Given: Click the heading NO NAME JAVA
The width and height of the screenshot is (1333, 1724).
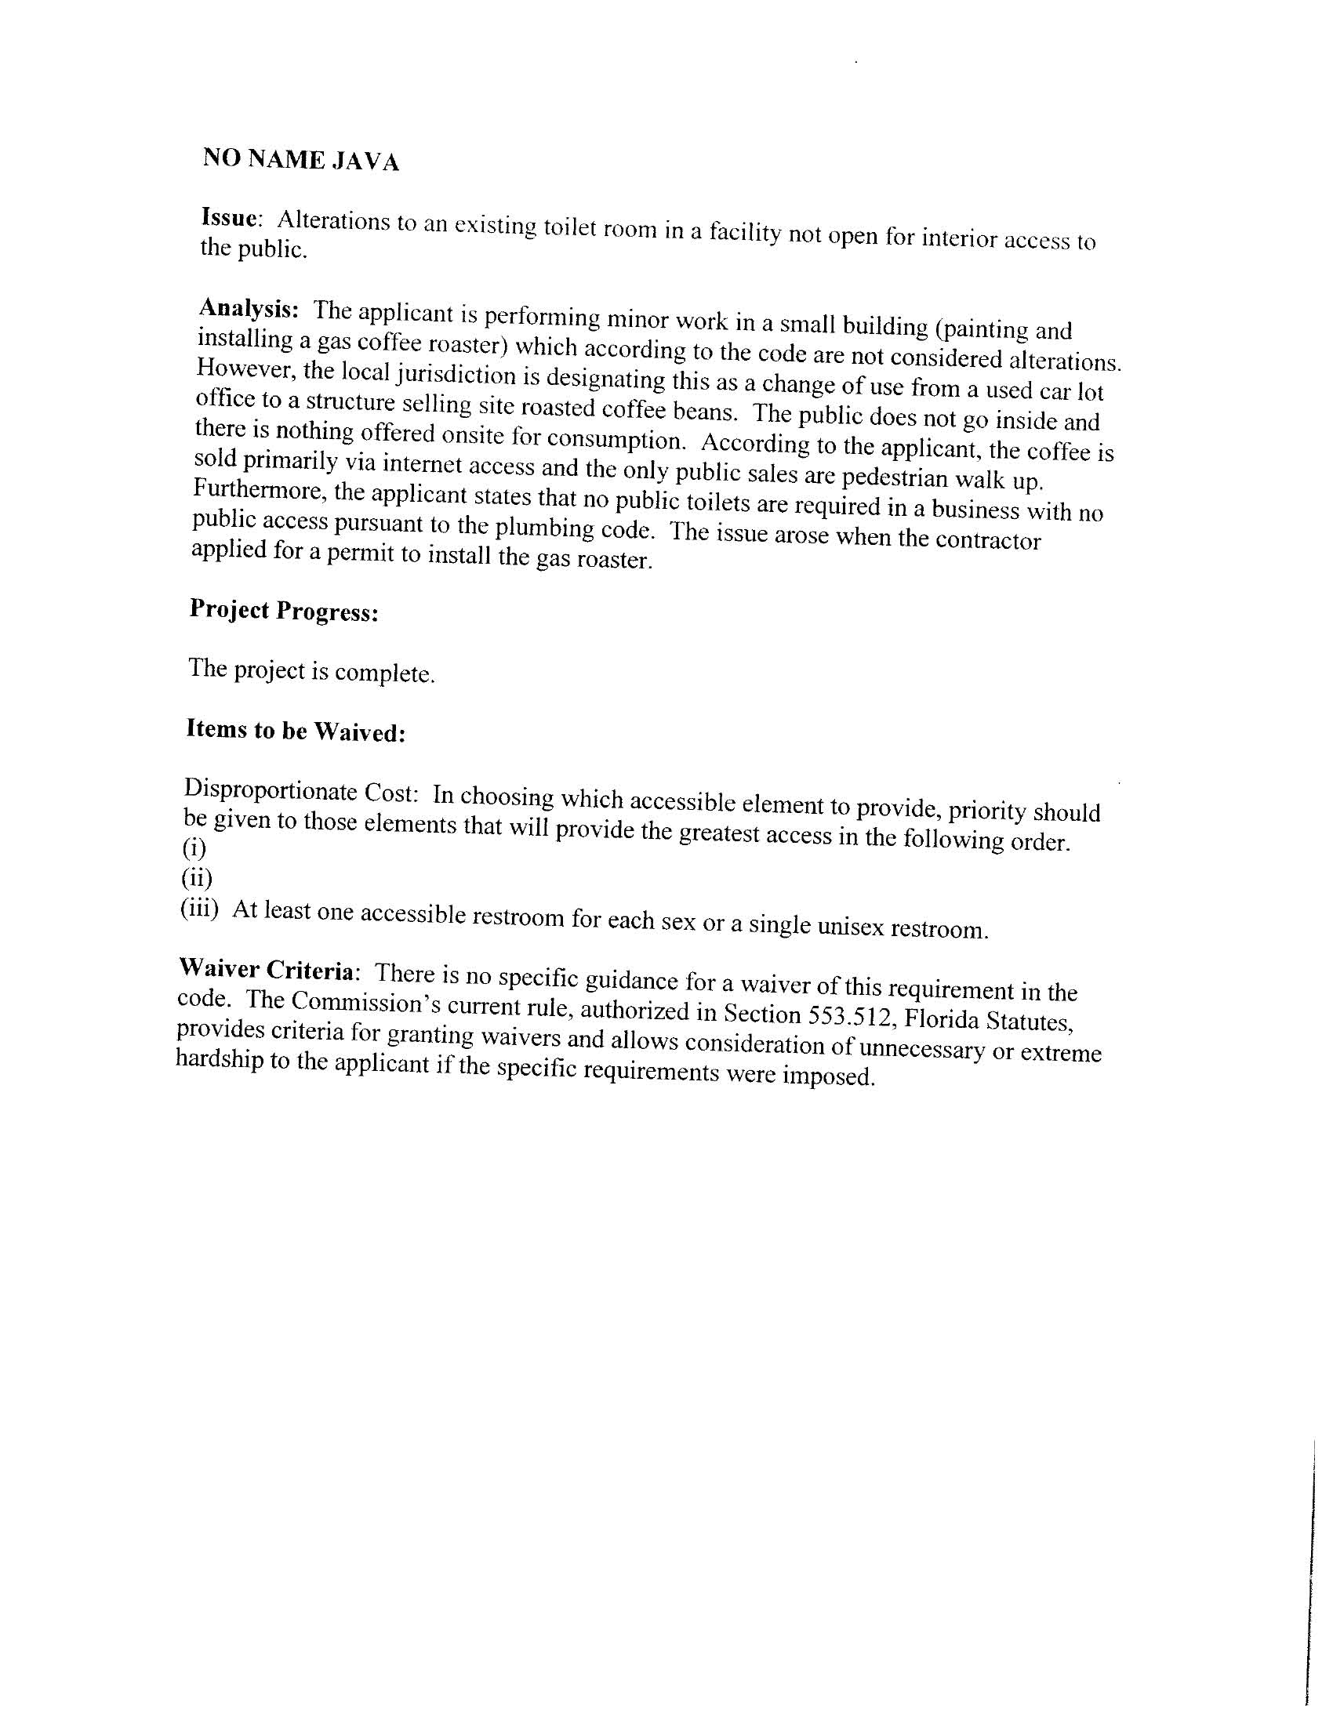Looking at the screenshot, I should click(301, 159).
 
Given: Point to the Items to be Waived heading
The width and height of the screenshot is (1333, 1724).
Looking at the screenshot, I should click(296, 730).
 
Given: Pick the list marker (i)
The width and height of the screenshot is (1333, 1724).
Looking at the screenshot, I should click(194, 849).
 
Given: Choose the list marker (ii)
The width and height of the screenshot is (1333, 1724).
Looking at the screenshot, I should click(197, 878).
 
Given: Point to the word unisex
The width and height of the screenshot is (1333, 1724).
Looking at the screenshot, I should click(851, 927).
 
